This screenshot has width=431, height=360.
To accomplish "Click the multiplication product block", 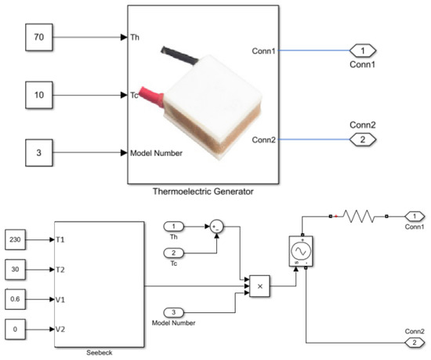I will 259,287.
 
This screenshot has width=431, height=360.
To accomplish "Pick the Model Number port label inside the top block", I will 157,153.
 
